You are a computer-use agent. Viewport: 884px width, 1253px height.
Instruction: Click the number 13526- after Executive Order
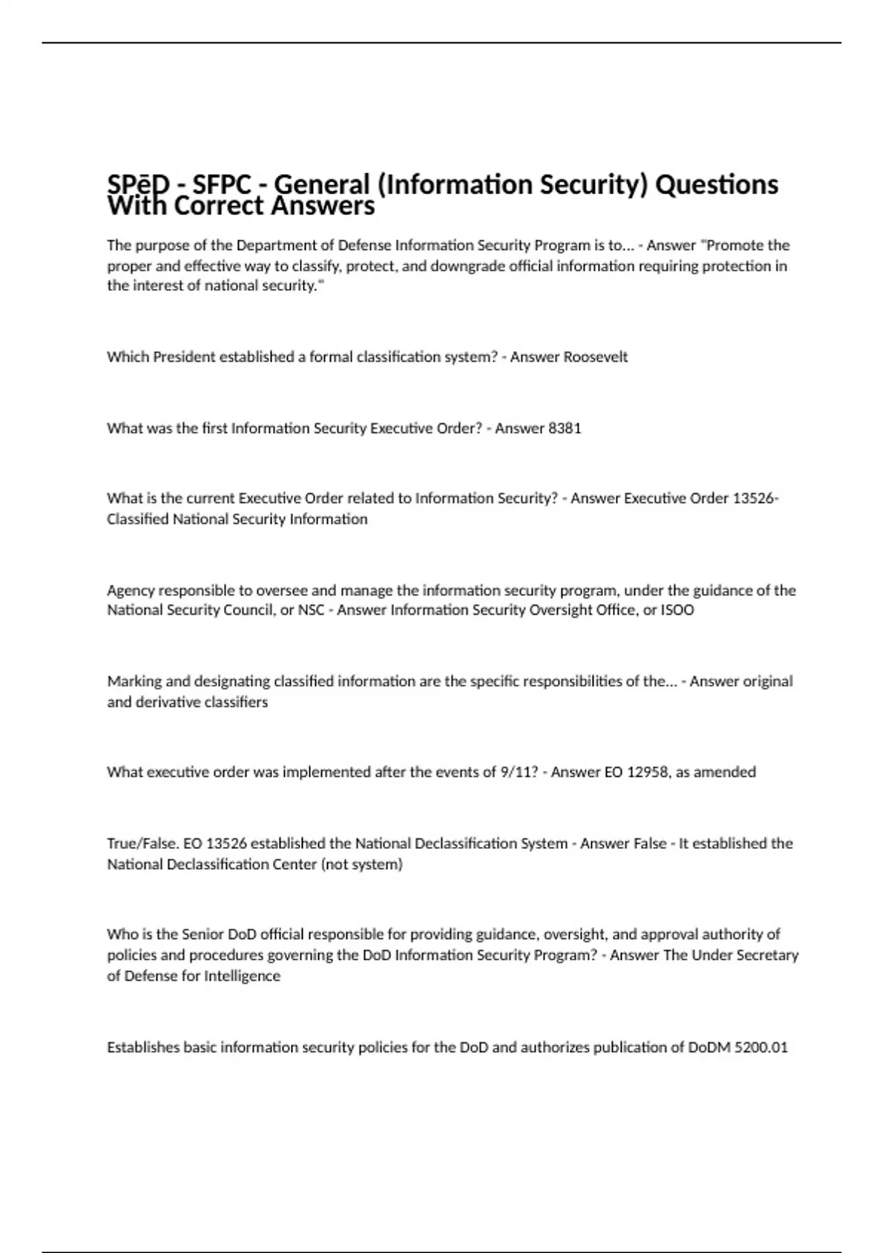pyautogui.click(x=755, y=498)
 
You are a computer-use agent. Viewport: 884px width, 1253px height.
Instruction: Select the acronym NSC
pyautogui.click(x=311, y=610)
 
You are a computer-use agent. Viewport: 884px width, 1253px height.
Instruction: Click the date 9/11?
pyautogui.click(x=519, y=772)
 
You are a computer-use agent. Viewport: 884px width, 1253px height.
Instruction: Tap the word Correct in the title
pyautogui.click(x=219, y=206)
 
